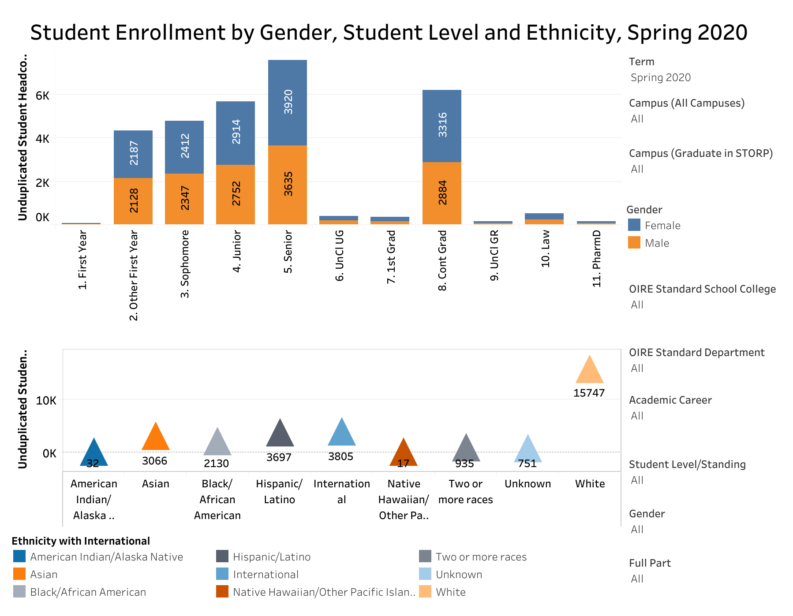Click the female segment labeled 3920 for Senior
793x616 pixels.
[288, 102]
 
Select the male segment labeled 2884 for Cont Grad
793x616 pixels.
[442, 193]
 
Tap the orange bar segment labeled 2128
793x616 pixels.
[133, 201]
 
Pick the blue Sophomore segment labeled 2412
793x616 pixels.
[184, 147]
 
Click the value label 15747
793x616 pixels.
[589, 393]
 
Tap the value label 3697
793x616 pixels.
[279, 457]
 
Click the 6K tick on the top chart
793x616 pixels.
[42, 96]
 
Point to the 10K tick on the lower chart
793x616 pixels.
[46, 401]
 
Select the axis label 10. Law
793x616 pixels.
[546, 249]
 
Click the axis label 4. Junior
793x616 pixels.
[237, 251]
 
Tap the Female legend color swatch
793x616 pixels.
[634, 225]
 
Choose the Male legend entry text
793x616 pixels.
[657, 243]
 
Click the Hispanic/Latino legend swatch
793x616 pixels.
[222, 557]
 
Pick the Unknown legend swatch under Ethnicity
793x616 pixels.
[425, 574]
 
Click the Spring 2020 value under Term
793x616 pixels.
[660, 78]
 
